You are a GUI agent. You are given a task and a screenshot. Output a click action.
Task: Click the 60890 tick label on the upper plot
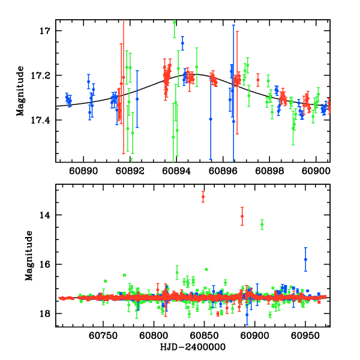(x=82, y=170)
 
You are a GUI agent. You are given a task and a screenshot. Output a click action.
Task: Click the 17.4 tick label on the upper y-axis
(x=43, y=121)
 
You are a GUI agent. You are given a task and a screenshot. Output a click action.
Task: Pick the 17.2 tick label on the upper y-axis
(x=43, y=76)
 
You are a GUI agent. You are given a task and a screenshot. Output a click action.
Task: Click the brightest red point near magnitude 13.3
(x=203, y=197)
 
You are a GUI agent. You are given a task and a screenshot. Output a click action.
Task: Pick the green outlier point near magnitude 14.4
(x=262, y=224)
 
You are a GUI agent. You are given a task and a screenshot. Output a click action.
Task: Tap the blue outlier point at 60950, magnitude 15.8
(x=305, y=259)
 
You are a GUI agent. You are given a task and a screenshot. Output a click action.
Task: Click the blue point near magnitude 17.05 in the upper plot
(x=182, y=43)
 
